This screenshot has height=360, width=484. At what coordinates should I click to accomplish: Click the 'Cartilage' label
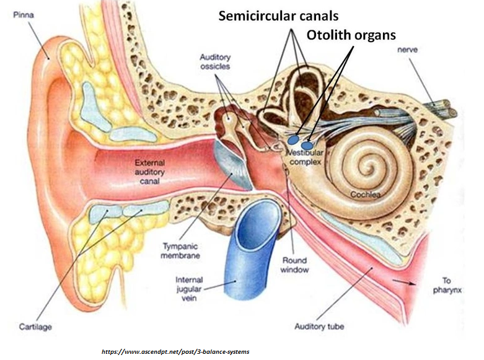[x=35, y=327]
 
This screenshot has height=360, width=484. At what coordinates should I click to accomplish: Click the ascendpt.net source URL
[x=175, y=351]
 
